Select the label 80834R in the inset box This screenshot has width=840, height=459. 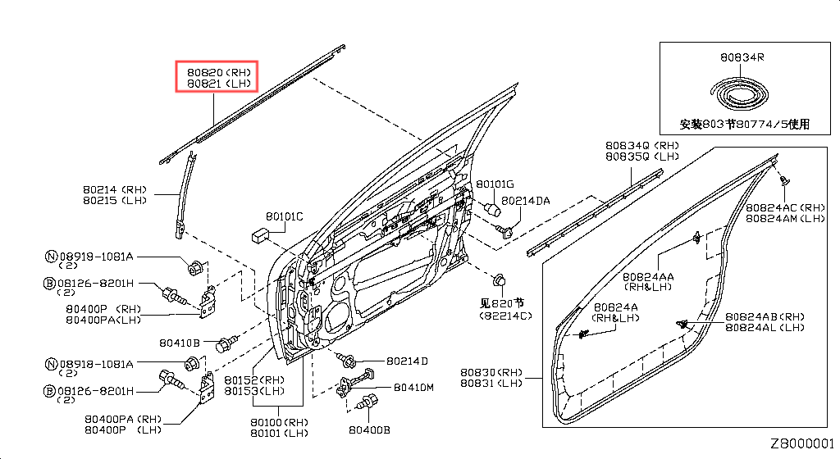point(742,57)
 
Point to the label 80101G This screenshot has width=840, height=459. point(495,184)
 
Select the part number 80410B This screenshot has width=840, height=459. point(177,343)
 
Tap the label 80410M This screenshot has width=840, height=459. point(413,387)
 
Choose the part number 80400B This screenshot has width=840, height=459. point(369,429)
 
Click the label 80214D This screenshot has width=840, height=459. point(408,361)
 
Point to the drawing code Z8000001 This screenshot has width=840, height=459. point(801,443)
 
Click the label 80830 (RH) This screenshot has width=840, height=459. point(491,371)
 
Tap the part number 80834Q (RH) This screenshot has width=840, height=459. point(640,145)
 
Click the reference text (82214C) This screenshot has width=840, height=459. point(507,315)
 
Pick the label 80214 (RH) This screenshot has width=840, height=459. point(114,189)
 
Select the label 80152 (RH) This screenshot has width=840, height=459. point(254,380)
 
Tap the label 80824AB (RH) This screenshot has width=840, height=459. point(765,316)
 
